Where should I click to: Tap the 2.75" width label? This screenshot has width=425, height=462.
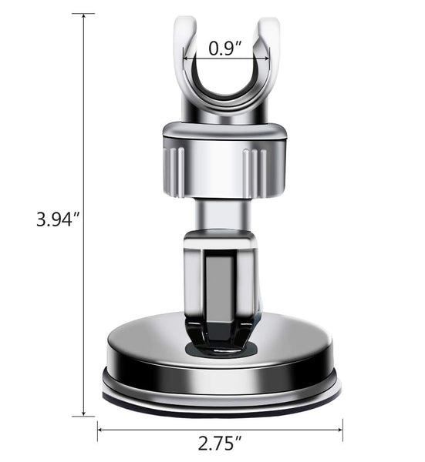pyautogui.click(x=220, y=444)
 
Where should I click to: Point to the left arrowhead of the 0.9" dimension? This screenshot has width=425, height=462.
pyautogui.click(x=185, y=56)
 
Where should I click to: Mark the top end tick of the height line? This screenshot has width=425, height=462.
pyautogui.click(x=83, y=14)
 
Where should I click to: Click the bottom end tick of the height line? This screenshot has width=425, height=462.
pyautogui.click(x=83, y=416)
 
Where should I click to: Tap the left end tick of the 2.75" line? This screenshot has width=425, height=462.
pyautogui.click(x=98, y=430)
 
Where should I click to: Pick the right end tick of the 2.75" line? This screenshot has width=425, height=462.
pyautogui.click(x=342, y=430)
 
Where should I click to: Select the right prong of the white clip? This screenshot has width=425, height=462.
pyautogui.click(x=268, y=46)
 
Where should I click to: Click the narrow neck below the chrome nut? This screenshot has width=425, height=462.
pyautogui.click(x=222, y=216)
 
